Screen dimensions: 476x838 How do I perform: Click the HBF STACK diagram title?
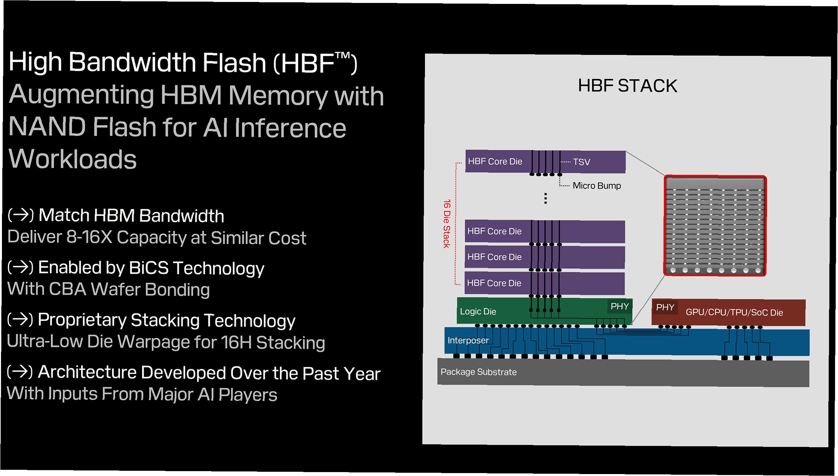tap(627, 86)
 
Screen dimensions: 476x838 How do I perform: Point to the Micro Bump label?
tap(596, 186)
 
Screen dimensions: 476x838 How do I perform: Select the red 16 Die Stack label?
tap(446, 224)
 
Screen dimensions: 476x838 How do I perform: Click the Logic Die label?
tap(478, 312)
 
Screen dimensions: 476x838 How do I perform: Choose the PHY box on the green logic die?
tap(619, 306)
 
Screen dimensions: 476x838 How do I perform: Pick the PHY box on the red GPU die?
tap(665, 307)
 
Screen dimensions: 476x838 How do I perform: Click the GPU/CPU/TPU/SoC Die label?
tap(734, 313)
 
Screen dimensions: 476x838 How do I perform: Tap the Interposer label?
tap(468, 340)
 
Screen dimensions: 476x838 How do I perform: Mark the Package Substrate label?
tap(478, 372)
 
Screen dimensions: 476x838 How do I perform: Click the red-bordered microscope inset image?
tap(715, 226)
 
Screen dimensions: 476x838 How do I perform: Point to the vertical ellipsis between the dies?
tap(545, 199)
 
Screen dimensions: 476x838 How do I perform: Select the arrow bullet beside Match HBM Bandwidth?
tap(21, 215)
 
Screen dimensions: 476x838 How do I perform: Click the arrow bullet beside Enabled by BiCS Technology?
tap(21, 267)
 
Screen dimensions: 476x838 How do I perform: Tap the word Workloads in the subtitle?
tap(73, 159)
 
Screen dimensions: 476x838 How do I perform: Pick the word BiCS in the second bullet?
tap(148, 268)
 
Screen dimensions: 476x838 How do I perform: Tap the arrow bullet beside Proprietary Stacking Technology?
tap(20, 319)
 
